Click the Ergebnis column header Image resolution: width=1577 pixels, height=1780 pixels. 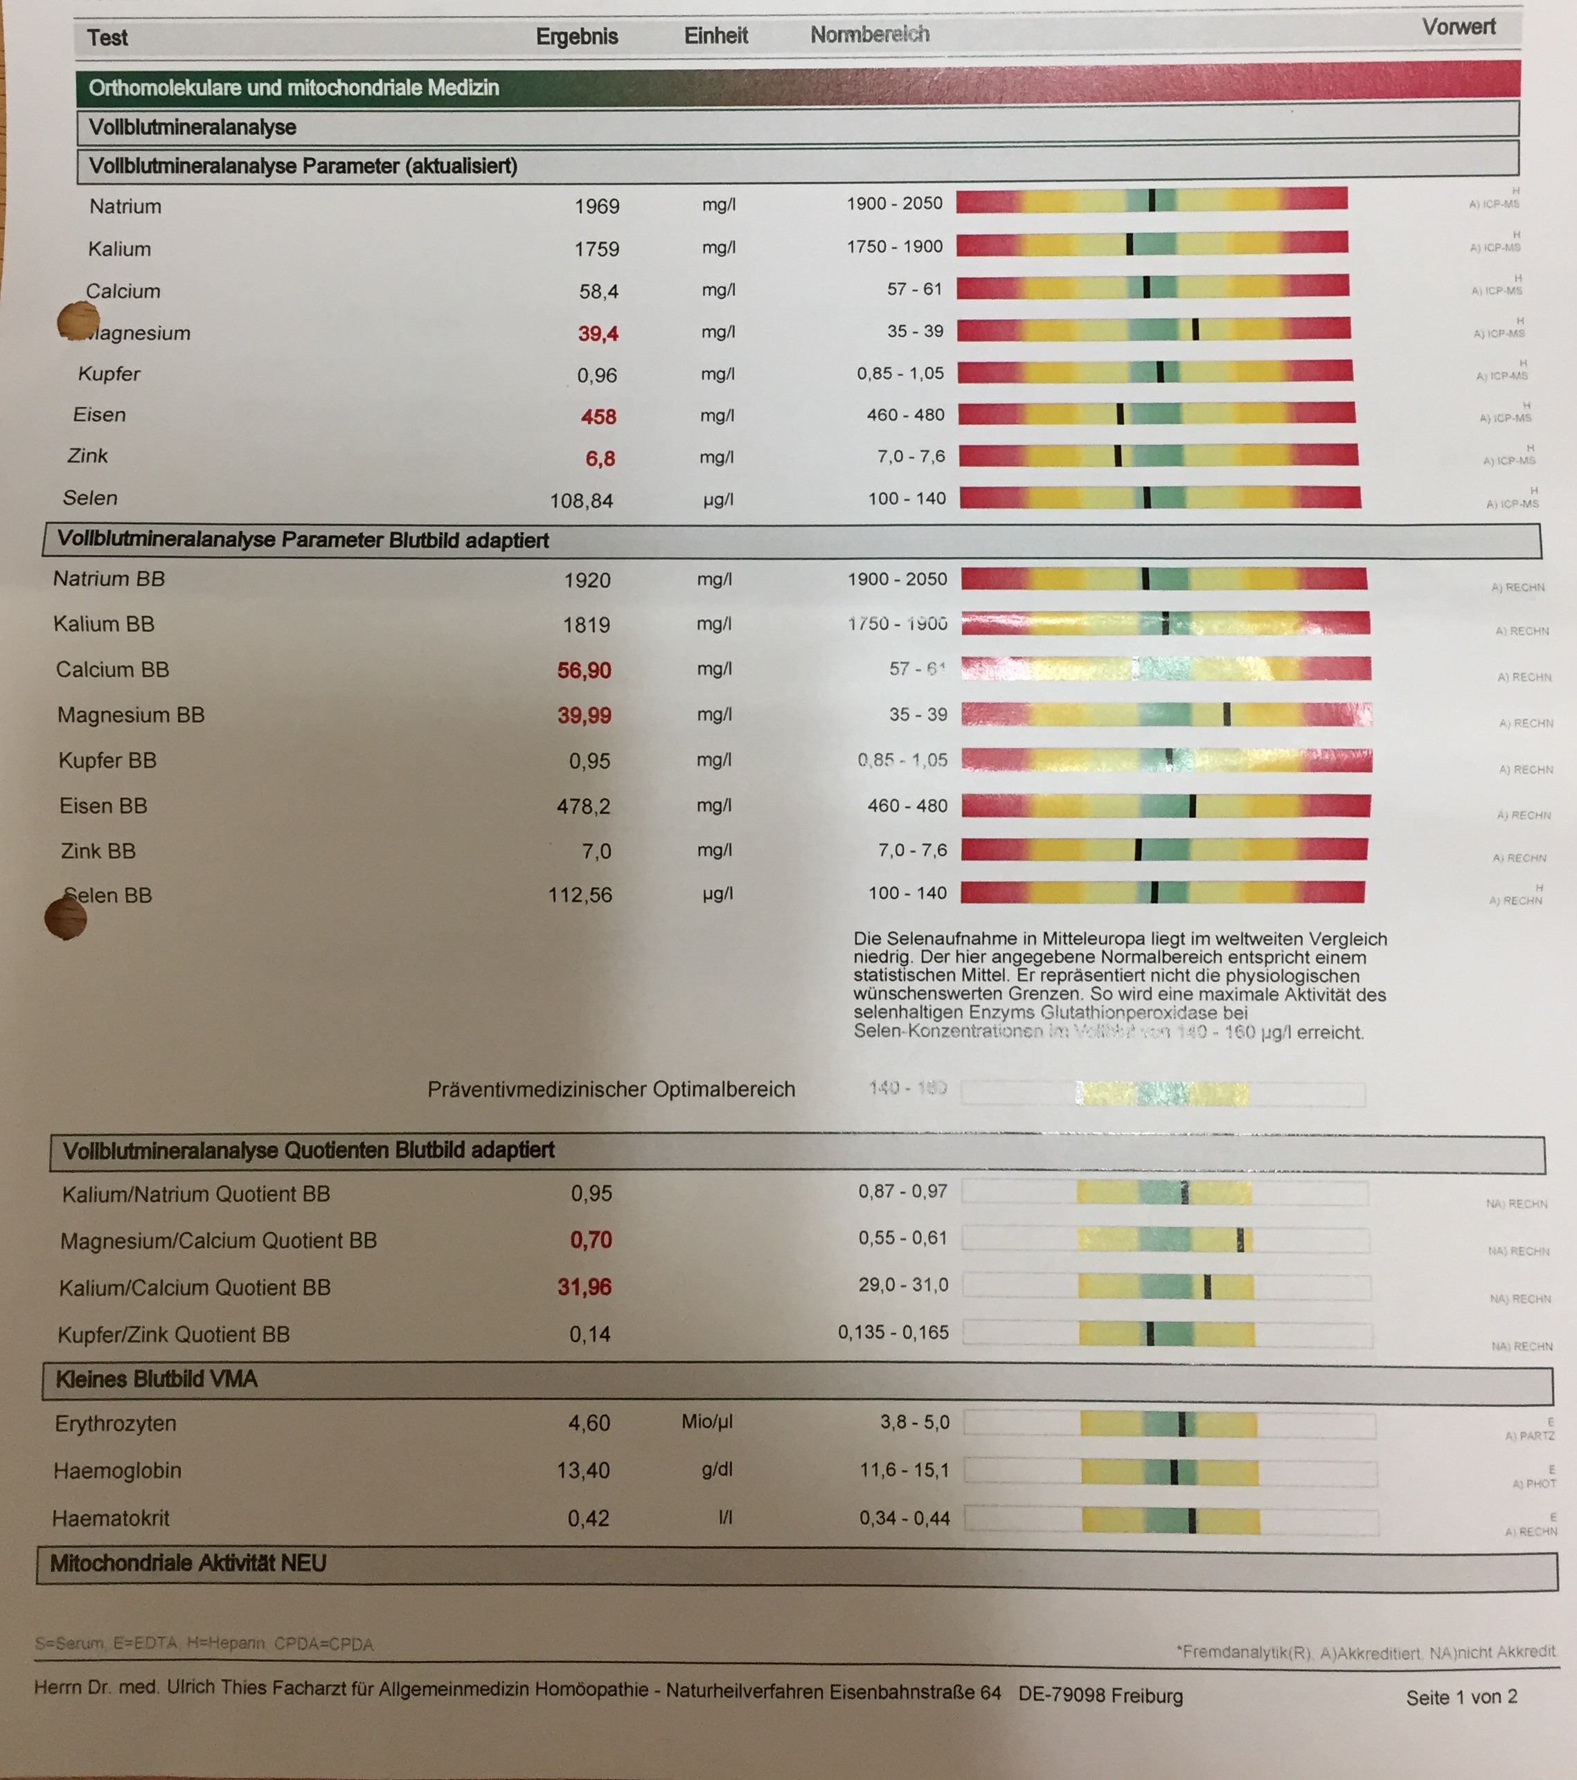[577, 37]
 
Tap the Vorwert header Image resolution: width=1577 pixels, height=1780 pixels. [1459, 27]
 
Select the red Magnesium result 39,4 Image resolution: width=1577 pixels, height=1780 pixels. [598, 334]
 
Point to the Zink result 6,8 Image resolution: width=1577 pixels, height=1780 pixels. [600, 458]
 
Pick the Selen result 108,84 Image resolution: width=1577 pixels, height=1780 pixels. [581, 501]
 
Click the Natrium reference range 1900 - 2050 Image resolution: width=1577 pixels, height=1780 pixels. [894, 203]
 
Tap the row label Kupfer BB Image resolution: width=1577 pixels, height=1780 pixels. [107, 761]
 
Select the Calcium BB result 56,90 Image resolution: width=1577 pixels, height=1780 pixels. [584, 670]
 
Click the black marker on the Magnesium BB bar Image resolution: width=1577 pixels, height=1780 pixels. [1227, 714]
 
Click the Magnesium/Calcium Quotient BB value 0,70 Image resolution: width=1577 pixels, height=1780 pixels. [591, 1239]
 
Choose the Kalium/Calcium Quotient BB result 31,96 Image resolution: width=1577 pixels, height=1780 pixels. [584, 1287]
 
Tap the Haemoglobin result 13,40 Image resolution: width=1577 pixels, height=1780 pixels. [583, 1470]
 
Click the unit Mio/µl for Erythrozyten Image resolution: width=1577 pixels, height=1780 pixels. [706, 1422]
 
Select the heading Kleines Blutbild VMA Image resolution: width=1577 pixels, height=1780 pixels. [157, 1379]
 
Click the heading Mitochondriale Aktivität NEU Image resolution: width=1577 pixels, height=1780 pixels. [188, 1563]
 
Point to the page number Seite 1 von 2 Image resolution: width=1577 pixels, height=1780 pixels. [1461, 1696]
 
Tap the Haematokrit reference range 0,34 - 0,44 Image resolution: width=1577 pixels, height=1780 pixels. [905, 1518]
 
